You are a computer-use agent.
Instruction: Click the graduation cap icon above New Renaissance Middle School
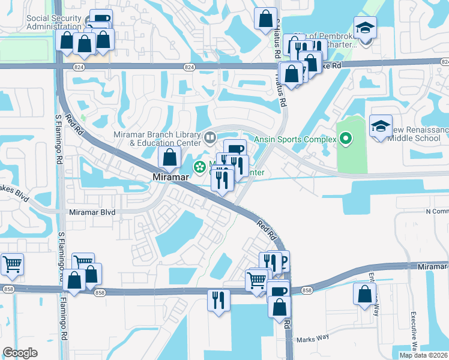381,126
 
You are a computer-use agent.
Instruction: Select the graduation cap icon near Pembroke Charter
364,28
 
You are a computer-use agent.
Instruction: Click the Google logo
20,353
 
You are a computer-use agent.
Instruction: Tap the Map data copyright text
423,355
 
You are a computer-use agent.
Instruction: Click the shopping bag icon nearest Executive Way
365,295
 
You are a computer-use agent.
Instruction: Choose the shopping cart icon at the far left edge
12,263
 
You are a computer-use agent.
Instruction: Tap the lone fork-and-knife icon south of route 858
218,299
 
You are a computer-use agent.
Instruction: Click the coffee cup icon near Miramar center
235,148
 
